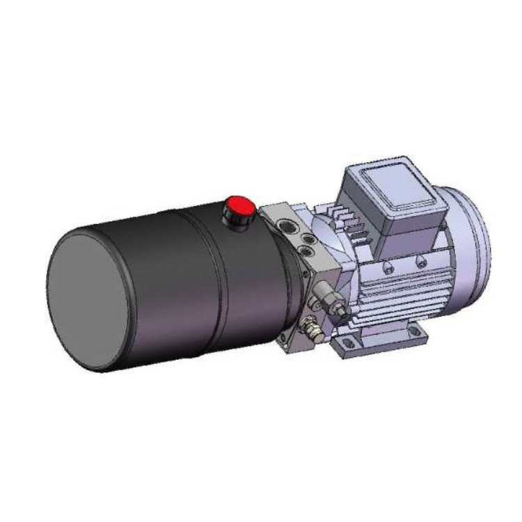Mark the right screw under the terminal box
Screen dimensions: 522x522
pos(421,260)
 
